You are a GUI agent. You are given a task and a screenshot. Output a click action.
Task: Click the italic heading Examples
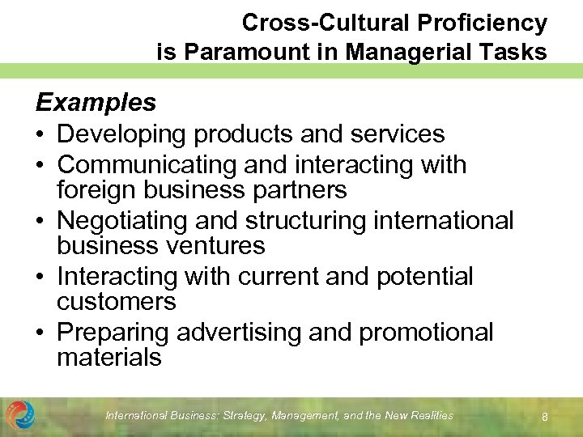[96, 103]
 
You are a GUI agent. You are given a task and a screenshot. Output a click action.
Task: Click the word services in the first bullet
[401, 134]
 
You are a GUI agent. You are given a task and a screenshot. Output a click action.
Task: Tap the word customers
[115, 301]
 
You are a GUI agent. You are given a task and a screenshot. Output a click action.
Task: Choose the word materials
[109, 357]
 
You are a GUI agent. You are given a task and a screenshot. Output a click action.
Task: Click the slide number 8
[545, 417]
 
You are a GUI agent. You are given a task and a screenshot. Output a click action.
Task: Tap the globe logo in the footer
[19, 414]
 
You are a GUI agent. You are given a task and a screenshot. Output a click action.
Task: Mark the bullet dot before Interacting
[41, 277]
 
